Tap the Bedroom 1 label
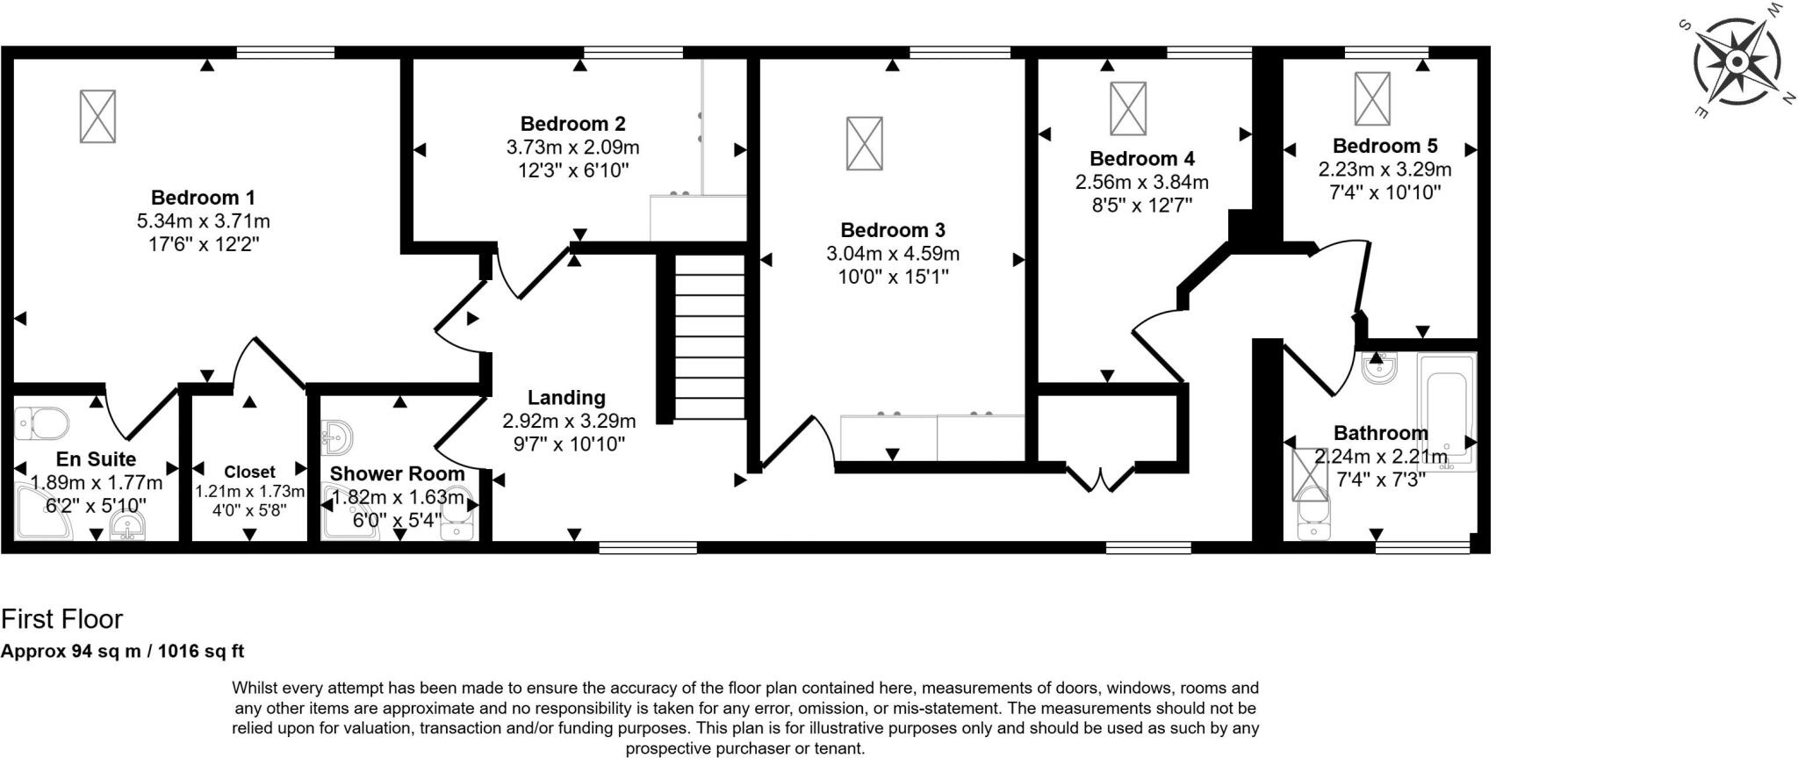[203, 198]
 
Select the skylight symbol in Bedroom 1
[97, 116]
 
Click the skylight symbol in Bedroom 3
[864, 143]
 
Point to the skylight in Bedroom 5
[1371, 98]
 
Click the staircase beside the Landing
[709, 336]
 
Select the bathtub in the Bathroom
[1446, 411]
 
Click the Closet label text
[249, 472]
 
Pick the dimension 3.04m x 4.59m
[892, 254]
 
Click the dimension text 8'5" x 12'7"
[1141, 206]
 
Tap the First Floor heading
[61, 619]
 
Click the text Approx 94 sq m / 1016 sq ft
[122, 652]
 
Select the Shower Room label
[397, 474]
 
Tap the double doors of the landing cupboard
[1101, 480]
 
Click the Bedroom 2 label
[572, 124]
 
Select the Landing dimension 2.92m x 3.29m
[569, 421]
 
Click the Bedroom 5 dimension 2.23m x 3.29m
[1384, 169]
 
